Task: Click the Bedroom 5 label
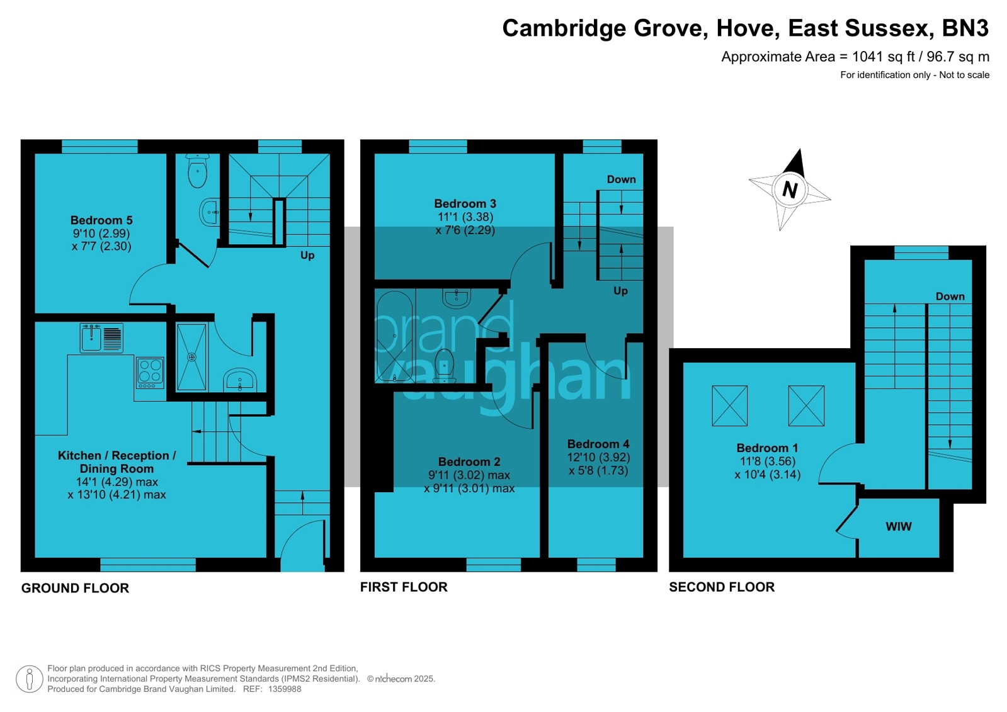tap(101, 220)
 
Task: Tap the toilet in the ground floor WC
tap(198, 171)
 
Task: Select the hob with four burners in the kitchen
tap(150, 372)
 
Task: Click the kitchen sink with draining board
tap(101, 338)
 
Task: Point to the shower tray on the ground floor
tap(191, 357)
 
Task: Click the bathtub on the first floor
tap(394, 336)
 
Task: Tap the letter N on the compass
tap(790, 189)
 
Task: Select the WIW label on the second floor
tap(898, 527)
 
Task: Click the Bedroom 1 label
tap(767, 448)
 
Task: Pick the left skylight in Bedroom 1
tap(730, 406)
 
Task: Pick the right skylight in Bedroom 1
tap(806, 406)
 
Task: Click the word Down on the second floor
tap(950, 297)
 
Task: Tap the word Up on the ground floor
tap(307, 255)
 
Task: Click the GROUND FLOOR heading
tap(75, 588)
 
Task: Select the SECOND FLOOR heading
tap(722, 587)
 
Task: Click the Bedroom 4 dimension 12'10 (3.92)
tap(598, 458)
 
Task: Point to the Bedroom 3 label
tap(465, 203)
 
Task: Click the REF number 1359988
tap(285, 689)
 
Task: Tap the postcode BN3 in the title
tap(965, 28)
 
